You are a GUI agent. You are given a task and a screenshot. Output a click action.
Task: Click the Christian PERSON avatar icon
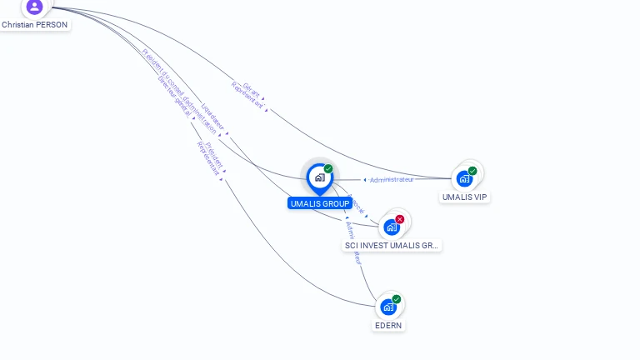[34, 7]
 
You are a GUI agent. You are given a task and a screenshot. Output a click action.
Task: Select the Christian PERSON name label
[35, 25]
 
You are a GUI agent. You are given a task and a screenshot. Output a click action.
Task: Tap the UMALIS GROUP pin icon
[319, 177]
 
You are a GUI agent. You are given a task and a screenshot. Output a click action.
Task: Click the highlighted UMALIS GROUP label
[320, 203]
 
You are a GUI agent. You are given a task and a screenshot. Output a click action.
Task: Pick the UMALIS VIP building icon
[464, 178]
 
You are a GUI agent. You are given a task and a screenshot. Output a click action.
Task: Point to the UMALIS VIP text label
[465, 197]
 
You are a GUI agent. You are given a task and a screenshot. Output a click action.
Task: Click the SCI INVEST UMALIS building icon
[391, 227]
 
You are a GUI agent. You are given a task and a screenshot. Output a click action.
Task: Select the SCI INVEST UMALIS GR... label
[392, 245]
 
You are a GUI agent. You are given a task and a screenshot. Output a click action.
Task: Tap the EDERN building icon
[388, 307]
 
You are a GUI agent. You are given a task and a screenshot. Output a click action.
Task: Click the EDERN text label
[388, 325]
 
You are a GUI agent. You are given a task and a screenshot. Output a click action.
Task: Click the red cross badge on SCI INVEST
[400, 219]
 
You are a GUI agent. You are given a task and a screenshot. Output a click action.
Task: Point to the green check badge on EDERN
[397, 299]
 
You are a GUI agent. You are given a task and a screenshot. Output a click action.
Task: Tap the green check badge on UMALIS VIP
[472, 171]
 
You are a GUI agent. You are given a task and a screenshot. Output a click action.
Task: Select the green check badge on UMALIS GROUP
[328, 169]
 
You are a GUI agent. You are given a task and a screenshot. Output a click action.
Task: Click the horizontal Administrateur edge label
[392, 179]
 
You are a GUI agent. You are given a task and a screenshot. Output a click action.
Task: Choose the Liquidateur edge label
[213, 117]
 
